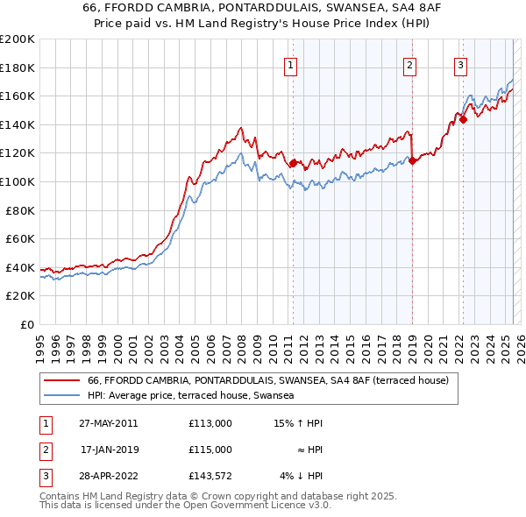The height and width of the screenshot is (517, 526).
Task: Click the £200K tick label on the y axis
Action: point(18,39)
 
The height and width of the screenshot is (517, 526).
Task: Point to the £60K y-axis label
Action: point(20,238)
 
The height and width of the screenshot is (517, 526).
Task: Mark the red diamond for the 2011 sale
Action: point(294,163)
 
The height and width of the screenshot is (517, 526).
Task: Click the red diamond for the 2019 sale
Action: point(412,160)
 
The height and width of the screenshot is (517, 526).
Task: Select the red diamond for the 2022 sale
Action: point(463,120)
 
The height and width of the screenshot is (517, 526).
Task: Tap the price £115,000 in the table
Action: point(210,450)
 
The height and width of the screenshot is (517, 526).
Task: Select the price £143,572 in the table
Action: point(210,476)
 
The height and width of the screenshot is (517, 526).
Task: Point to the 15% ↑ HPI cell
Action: point(299,423)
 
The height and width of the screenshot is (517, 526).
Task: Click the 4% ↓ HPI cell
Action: point(302,476)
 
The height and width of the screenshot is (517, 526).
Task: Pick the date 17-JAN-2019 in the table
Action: point(109,450)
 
